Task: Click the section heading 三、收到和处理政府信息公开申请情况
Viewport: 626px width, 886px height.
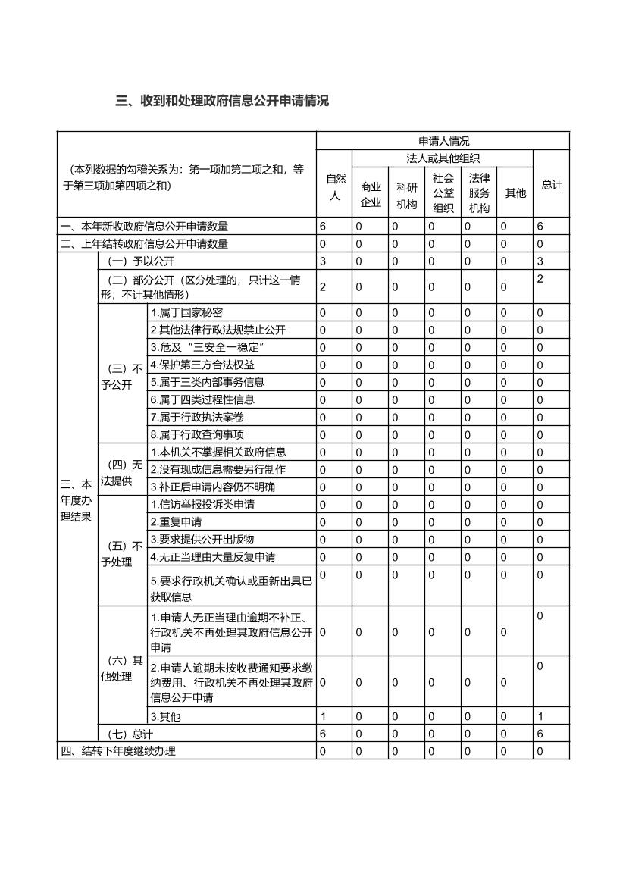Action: tap(222, 101)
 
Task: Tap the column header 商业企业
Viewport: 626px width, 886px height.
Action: tap(371, 195)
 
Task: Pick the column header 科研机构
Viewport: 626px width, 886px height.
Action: tap(406, 195)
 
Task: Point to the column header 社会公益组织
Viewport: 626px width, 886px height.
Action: tap(443, 193)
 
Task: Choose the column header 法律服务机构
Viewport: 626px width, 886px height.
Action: tap(479, 193)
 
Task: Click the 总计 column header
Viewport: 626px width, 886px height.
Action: tap(552, 184)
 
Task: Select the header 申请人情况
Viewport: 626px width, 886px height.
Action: tap(443, 141)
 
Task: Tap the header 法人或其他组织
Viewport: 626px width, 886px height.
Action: tap(443, 158)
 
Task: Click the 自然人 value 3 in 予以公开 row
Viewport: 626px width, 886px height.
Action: tap(323, 261)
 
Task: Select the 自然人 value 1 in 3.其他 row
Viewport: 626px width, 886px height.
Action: tap(323, 716)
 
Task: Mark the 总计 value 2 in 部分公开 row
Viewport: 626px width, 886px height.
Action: tap(540, 280)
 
